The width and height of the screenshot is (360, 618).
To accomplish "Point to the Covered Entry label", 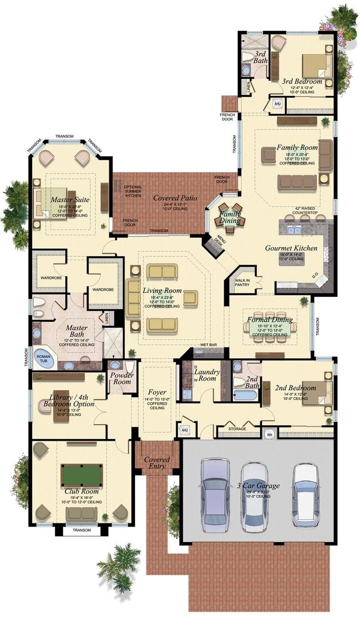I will coord(157,463).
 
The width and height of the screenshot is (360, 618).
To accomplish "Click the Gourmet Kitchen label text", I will coord(291,248).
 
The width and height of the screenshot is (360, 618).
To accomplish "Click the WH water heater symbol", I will coord(270,434).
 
